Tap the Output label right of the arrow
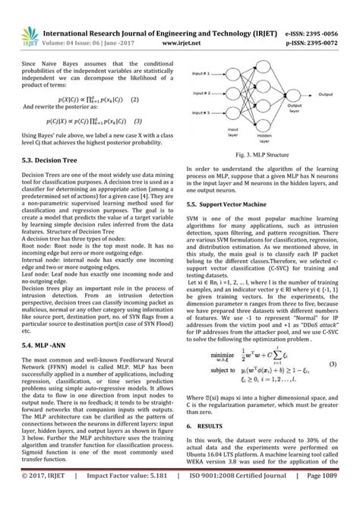coord(327,95)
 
